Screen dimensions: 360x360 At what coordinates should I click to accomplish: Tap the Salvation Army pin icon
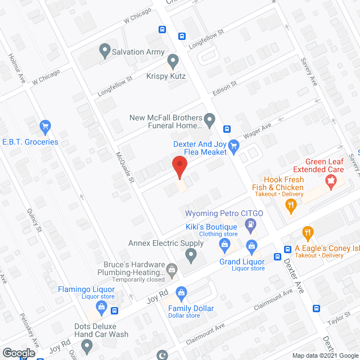(x=104, y=52)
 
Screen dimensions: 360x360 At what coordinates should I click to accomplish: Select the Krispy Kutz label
(x=166, y=76)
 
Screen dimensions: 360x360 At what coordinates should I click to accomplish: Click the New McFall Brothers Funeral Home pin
(x=209, y=119)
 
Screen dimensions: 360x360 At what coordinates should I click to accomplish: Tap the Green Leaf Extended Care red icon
(x=331, y=181)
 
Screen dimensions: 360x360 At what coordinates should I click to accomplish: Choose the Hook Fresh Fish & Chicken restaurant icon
(x=291, y=207)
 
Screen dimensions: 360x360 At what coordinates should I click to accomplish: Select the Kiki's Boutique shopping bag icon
(x=224, y=244)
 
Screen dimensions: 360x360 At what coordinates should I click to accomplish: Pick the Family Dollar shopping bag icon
(x=181, y=292)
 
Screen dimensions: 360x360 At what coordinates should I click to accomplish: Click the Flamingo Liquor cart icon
(x=101, y=307)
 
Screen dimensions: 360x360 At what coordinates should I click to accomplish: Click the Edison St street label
(x=225, y=88)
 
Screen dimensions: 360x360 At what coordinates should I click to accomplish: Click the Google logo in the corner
(x=18, y=353)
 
